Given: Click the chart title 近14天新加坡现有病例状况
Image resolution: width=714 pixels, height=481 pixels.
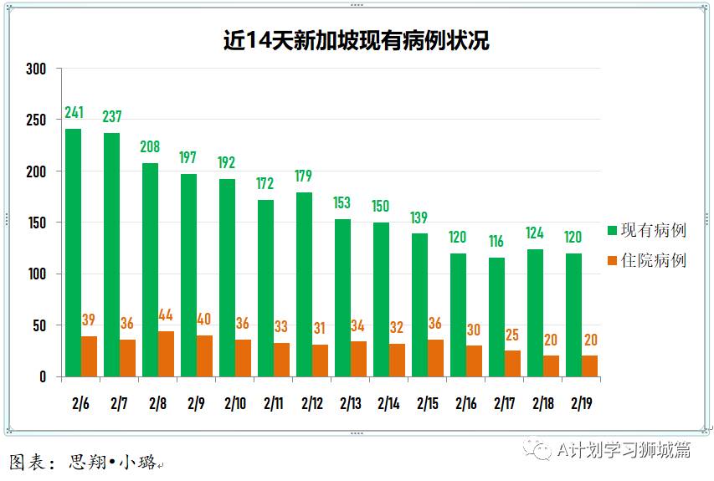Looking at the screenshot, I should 356,39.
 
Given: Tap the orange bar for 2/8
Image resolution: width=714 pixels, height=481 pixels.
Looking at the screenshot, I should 166,354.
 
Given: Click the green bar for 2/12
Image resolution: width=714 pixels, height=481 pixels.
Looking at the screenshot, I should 304,284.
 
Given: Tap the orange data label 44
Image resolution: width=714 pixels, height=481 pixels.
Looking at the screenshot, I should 167,316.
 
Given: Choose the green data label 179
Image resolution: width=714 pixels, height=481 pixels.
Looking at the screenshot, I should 304,177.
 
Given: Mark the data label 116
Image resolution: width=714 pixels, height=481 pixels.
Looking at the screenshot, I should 496,242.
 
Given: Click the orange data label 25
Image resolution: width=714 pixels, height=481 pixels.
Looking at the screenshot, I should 512,335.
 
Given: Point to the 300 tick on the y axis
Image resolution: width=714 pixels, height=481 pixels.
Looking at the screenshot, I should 35,69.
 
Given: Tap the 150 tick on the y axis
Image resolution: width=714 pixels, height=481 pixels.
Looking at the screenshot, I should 35,223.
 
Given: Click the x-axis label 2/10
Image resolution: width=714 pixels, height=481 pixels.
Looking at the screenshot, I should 234,403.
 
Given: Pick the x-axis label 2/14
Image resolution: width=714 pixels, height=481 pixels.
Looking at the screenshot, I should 388,403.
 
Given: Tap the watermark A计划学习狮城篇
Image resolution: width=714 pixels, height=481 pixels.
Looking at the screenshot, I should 624,450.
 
